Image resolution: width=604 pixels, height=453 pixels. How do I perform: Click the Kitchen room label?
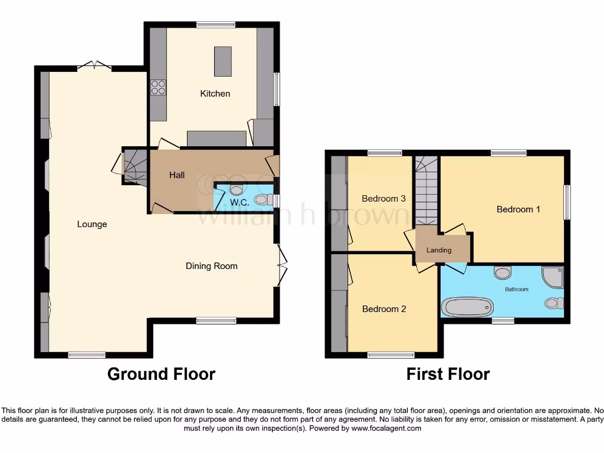click(215, 93)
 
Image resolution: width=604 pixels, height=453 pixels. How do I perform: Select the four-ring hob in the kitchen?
click(157, 88)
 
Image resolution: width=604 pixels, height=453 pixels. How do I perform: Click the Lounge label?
click(92, 224)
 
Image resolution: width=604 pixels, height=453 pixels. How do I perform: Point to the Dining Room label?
click(211, 266)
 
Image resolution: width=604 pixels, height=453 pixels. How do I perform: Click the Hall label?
click(177, 175)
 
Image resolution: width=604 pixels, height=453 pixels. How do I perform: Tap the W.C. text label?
click(239, 202)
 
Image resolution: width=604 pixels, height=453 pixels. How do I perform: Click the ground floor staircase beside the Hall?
click(134, 166)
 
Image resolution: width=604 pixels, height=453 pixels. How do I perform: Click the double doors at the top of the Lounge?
click(94, 66)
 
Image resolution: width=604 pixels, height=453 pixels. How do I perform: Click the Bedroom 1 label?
click(518, 209)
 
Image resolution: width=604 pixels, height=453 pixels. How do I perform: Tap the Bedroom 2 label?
click(384, 309)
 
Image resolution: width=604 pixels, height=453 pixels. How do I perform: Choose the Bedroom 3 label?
click(383, 199)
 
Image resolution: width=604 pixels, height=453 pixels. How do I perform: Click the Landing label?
click(439, 250)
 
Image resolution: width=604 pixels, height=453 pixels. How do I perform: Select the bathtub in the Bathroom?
click(467, 307)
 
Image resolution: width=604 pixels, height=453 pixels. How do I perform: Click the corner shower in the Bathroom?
click(554, 276)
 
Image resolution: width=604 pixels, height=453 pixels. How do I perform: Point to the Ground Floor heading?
click(161, 374)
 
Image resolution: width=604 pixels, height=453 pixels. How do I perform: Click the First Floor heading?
click(448, 374)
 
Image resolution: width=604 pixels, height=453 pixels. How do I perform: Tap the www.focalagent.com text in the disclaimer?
click(386, 429)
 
